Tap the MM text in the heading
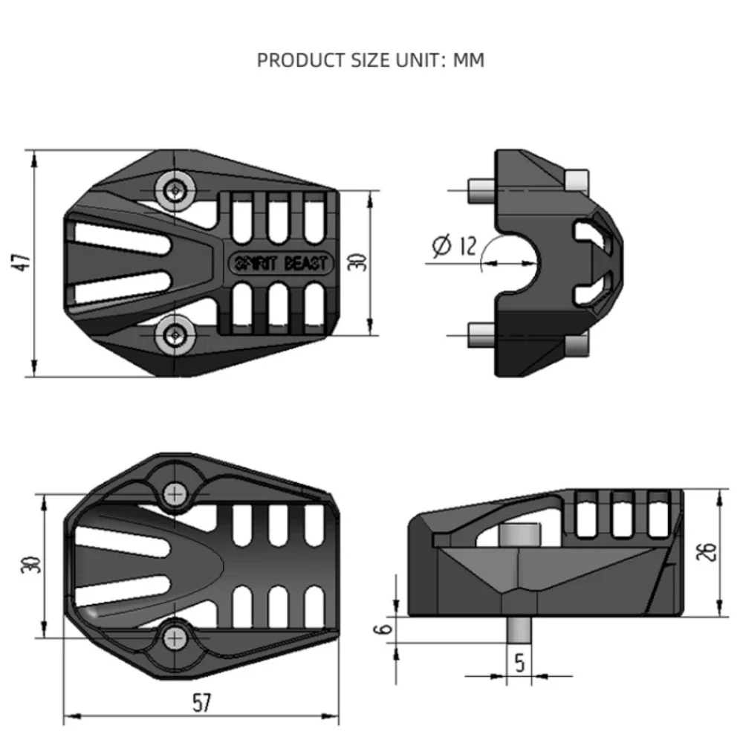click(x=469, y=60)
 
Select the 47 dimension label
click(x=22, y=262)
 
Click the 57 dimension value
click(x=202, y=703)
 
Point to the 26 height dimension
click(x=706, y=551)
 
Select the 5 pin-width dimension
click(x=520, y=663)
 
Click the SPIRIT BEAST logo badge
click(x=282, y=264)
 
